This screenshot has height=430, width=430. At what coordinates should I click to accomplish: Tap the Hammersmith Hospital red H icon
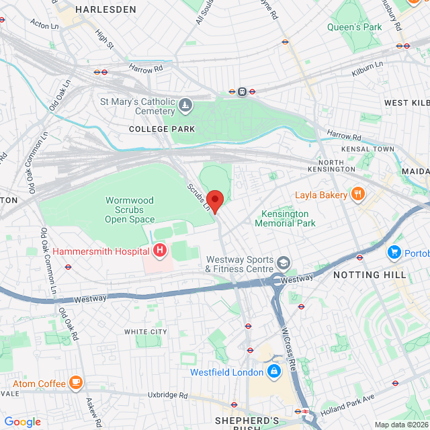[x=160, y=251]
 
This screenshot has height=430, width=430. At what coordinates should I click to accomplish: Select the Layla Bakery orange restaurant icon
[x=357, y=196]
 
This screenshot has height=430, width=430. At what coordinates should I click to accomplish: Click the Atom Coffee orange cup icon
[x=75, y=384]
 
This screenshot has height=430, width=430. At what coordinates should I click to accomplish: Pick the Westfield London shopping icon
[x=273, y=372]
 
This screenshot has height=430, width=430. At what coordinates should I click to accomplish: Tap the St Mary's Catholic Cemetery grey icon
[x=185, y=106]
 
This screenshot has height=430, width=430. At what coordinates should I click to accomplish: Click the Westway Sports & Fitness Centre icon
[x=285, y=262]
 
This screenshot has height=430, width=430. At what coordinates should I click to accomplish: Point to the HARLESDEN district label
[x=105, y=10]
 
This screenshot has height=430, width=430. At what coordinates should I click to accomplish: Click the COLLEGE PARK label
[x=162, y=129]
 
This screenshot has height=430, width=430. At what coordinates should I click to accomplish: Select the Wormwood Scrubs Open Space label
[x=130, y=210]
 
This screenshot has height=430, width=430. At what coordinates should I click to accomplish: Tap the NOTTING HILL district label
[x=370, y=275]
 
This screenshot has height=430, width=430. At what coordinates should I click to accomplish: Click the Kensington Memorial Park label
[x=288, y=218]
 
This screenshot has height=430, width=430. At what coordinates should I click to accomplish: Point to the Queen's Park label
[x=354, y=27]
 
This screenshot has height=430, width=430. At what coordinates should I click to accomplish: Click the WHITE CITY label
[x=145, y=332]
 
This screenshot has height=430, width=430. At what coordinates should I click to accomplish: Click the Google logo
[x=22, y=421]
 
